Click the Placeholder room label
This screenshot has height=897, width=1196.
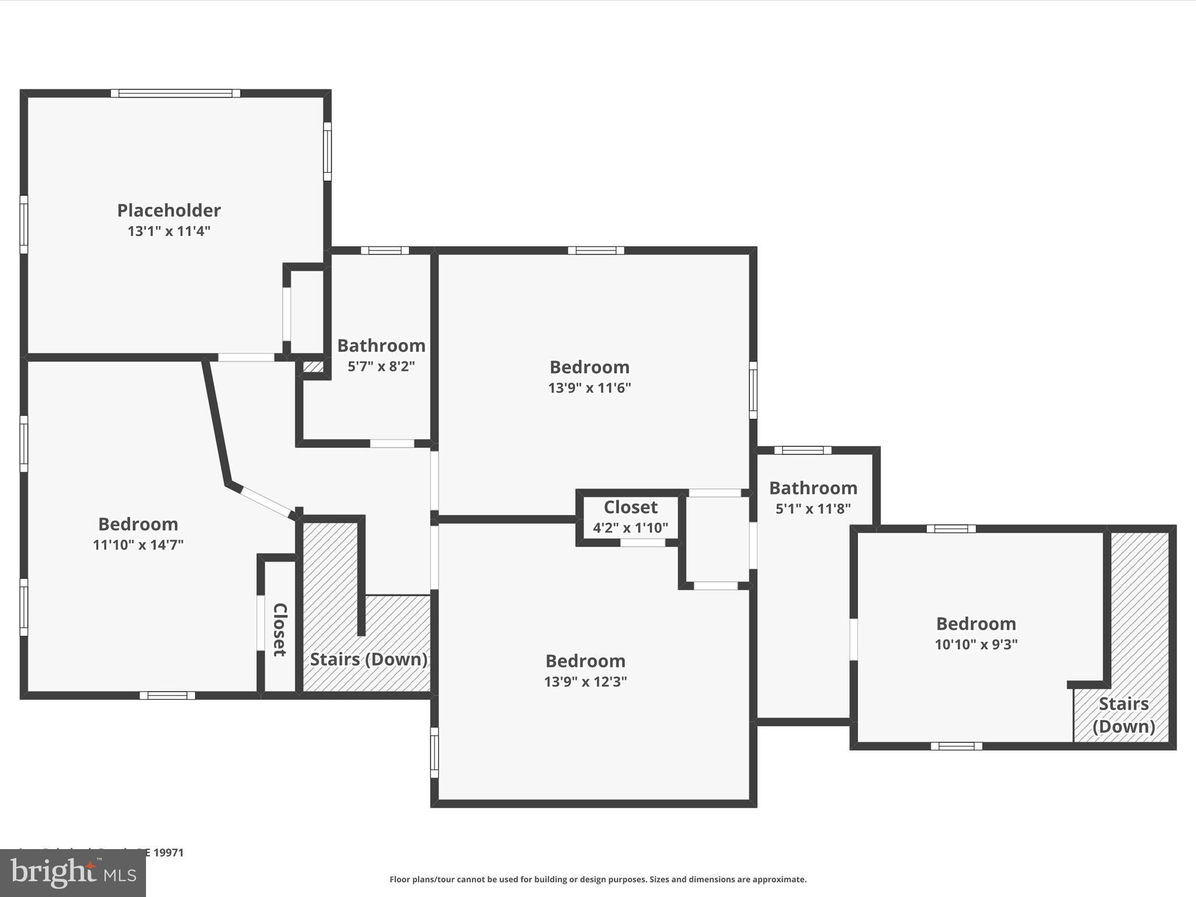pyautogui.click(x=169, y=210)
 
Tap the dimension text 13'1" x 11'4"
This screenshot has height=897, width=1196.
pyautogui.click(x=169, y=231)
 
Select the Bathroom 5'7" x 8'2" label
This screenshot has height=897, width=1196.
pyautogui.click(x=381, y=346)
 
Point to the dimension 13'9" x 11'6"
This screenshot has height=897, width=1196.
pyautogui.click(x=589, y=388)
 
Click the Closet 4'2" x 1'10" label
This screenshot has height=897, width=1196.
pyautogui.click(x=630, y=507)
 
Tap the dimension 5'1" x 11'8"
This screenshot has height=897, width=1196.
pyautogui.click(x=813, y=509)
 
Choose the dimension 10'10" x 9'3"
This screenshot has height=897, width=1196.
pyautogui.click(x=976, y=645)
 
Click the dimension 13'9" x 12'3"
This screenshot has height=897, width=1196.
pyautogui.click(x=585, y=682)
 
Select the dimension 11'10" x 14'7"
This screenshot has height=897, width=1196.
pyautogui.click(x=138, y=545)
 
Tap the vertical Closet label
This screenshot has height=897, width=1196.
pyautogui.click(x=280, y=630)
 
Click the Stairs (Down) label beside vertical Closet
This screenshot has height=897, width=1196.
pyautogui.click(x=368, y=659)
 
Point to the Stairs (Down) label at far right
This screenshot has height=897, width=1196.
pyautogui.click(x=1124, y=715)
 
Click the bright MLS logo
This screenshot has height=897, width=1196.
pyautogui.click(x=73, y=873)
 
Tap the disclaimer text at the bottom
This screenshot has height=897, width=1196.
pyautogui.click(x=598, y=879)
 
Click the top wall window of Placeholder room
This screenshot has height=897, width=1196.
pyautogui.click(x=175, y=93)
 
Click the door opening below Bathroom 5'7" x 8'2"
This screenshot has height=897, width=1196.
pyautogui.click(x=392, y=444)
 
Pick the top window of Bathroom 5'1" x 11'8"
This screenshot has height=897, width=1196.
pyautogui.click(x=802, y=450)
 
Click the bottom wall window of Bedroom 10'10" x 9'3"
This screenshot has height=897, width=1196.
pyautogui.click(x=956, y=746)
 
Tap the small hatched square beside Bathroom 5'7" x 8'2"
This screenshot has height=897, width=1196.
pyautogui.click(x=313, y=367)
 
